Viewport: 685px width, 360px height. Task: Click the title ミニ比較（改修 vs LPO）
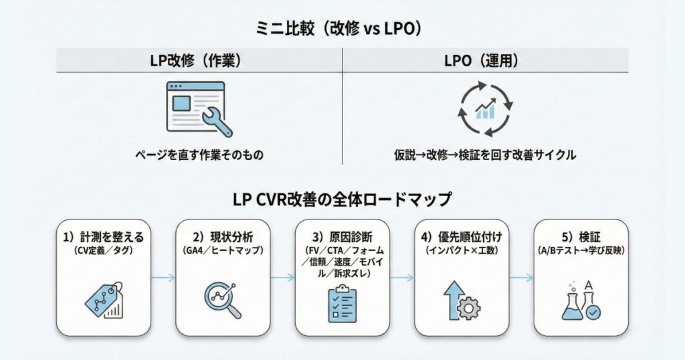[342, 29]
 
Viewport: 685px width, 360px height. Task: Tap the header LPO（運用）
[486, 60]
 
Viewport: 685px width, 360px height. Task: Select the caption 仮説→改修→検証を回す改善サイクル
[485, 155]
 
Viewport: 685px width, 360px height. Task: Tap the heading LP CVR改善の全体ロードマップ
[342, 199]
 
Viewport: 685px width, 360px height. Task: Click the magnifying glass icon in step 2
[223, 300]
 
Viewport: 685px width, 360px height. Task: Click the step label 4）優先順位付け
[461, 237]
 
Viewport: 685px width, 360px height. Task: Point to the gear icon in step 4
[468, 308]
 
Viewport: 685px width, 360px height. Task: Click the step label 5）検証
[581, 237]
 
